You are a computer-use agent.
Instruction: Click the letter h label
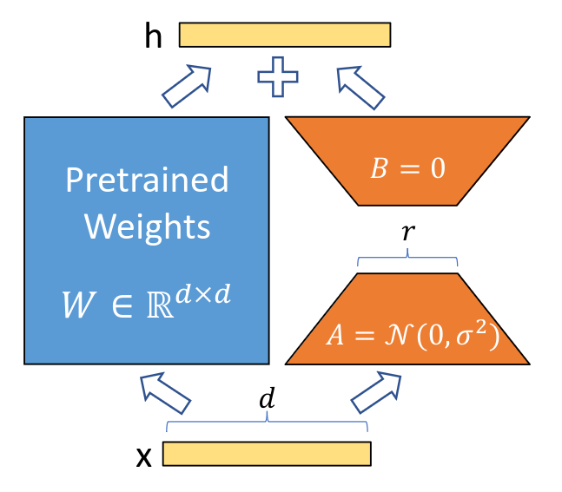pyautogui.click(x=153, y=36)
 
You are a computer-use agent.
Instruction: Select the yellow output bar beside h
pyautogui.click(x=285, y=34)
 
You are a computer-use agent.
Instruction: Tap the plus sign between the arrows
pyautogui.click(x=278, y=78)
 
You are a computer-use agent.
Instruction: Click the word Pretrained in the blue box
pyautogui.click(x=147, y=180)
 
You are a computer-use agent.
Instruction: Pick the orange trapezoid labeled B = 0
pyautogui.click(x=407, y=161)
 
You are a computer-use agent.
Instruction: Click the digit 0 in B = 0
pyautogui.click(x=437, y=168)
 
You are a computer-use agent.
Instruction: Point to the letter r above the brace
pyautogui.click(x=407, y=233)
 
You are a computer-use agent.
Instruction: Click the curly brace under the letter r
pyautogui.click(x=407, y=259)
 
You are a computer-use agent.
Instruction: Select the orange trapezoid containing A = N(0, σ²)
pyautogui.click(x=407, y=318)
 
